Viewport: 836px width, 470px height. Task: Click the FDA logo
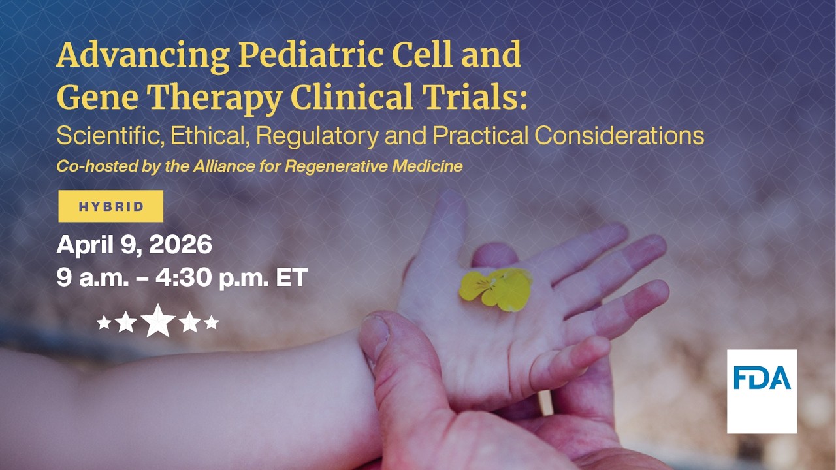tap(762, 391)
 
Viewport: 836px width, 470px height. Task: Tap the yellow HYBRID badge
tap(111, 206)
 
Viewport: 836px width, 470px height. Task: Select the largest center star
tap(158, 321)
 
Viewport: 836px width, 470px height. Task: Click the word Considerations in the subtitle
tap(619, 136)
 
